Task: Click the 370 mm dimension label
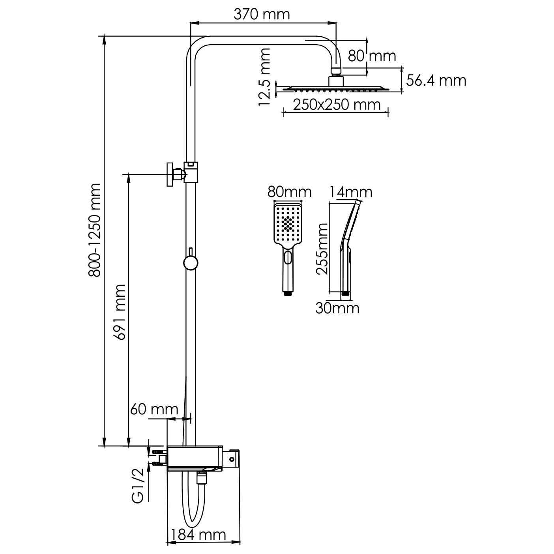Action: (x=262, y=15)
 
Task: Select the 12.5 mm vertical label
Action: (x=264, y=77)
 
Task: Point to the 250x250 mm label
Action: (x=337, y=105)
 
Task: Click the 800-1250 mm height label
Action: (x=95, y=230)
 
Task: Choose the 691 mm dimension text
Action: (x=120, y=312)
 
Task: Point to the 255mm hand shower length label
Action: (x=322, y=249)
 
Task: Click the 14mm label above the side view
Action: (x=350, y=192)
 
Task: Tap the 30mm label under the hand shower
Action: (x=337, y=309)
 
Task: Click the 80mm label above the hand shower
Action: (x=290, y=192)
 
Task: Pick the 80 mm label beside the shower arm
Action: (x=372, y=56)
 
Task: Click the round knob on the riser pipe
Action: (x=191, y=263)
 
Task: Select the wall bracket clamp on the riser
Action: (x=182, y=174)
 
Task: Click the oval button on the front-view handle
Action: (x=288, y=256)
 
